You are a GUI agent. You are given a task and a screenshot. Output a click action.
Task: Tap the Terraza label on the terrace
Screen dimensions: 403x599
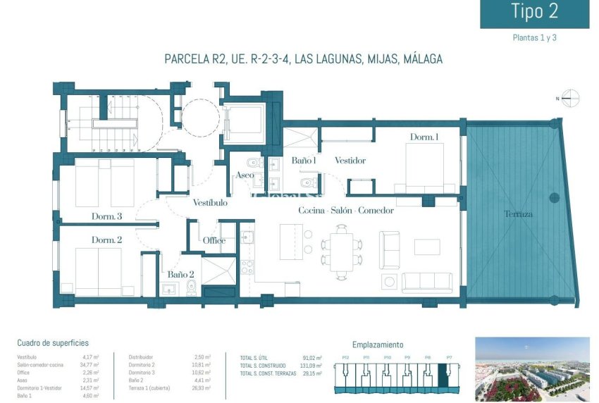pos(518,213)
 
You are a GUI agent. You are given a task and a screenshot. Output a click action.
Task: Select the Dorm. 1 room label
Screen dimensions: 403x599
pos(425,137)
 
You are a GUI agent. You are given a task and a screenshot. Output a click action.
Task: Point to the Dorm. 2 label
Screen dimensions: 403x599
pos(107,240)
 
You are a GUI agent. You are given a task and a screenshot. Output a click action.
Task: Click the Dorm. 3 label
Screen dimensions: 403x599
pos(107,216)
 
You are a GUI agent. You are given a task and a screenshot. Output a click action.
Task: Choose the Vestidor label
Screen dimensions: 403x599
pos(350,161)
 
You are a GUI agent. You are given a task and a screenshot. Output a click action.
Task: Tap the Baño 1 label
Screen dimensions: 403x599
pos(304,161)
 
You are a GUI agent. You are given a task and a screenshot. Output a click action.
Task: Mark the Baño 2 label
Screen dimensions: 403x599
pos(180,275)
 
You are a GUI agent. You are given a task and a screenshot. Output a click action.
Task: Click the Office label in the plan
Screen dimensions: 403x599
pos(214,240)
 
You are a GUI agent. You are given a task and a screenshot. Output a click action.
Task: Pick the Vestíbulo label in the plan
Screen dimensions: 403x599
pos(210,203)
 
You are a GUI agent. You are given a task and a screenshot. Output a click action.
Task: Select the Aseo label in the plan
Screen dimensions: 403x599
pos(245,175)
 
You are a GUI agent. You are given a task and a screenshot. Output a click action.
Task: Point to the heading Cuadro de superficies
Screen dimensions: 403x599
pos(53,343)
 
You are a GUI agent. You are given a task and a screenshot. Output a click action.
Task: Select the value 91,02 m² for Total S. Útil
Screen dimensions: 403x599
pos(311,358)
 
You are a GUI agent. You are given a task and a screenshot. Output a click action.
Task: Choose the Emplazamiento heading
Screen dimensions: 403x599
pos(378,345)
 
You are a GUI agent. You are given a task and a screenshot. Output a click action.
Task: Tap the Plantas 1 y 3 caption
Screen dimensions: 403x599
pos(534,38)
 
